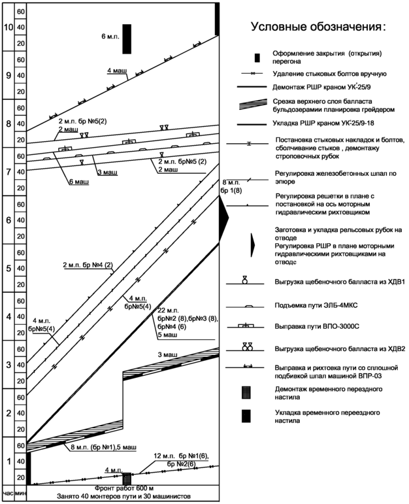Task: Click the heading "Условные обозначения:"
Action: pos(318,28)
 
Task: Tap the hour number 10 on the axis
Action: pos(8,28)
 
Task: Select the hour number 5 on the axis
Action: pos(8,269)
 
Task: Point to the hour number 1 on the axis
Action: pos(8,462)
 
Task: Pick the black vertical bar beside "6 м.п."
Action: pos(127,39)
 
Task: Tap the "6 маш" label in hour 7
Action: pos(78,181)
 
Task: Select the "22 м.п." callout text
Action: pos(168,309)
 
